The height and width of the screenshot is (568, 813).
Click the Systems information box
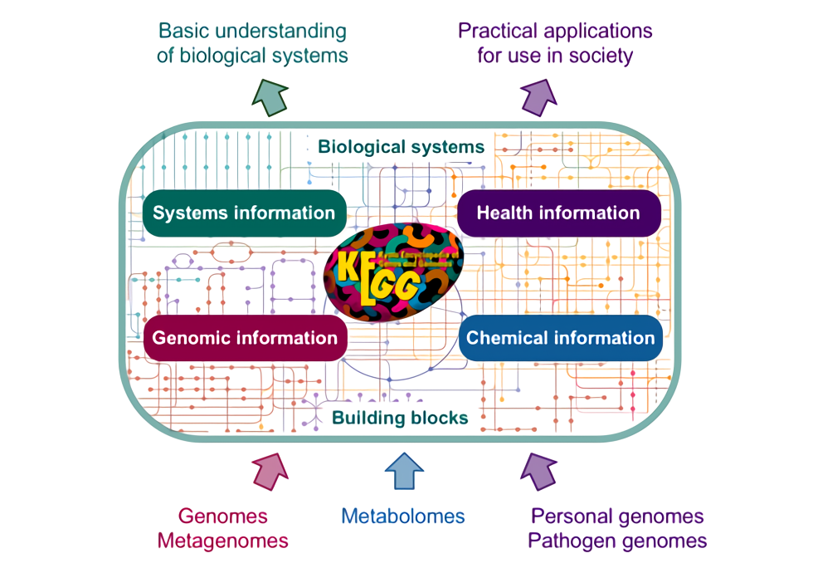[244, 213]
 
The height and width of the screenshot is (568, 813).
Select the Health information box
[558, 213]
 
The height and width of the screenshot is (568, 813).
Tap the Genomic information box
[245, 338]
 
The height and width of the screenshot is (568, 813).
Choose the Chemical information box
[560, 338]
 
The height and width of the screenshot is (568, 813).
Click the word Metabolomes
[403, 516]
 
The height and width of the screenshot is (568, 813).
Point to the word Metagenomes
[223, 541]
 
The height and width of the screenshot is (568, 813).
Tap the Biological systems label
[402, 147]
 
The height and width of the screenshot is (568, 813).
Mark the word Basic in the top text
[182, 32]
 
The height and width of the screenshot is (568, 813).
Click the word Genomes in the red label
[223, 517]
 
